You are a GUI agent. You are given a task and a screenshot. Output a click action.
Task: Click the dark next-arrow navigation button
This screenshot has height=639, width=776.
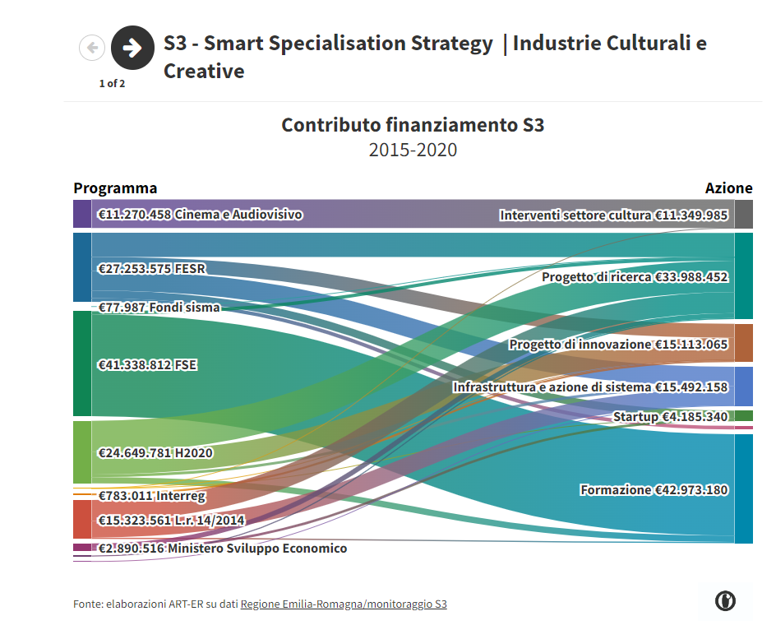132,48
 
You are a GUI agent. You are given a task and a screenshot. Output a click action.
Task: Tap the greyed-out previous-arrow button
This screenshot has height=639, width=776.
92,48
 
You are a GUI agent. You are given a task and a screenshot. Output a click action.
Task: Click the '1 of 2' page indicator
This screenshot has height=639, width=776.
112,83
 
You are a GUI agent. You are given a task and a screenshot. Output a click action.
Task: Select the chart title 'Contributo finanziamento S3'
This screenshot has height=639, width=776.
413,125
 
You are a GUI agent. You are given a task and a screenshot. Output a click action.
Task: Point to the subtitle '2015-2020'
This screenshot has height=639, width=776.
413,150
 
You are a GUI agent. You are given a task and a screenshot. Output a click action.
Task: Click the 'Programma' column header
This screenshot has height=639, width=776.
115,188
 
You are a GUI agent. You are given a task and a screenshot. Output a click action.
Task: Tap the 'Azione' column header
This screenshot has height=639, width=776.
728,188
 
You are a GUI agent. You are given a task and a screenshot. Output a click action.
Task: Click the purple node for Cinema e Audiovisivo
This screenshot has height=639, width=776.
82,214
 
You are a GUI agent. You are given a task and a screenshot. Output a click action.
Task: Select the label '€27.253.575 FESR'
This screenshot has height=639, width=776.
151,269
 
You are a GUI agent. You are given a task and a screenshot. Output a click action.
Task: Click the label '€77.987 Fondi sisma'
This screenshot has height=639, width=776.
159,308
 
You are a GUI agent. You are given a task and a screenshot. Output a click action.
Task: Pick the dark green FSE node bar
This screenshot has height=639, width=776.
82,363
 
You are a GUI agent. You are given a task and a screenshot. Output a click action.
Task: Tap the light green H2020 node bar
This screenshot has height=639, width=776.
82,451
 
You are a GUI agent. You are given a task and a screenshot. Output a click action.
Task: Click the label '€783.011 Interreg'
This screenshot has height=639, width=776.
151,496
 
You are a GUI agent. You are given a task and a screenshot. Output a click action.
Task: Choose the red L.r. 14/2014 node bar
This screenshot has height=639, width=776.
82,519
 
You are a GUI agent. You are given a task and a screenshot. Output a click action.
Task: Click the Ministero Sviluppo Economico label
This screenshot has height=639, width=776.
222,549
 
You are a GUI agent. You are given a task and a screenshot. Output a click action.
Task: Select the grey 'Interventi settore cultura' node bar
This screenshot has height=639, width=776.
744,214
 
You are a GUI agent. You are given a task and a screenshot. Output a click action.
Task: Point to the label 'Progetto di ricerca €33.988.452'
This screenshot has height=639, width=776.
635,277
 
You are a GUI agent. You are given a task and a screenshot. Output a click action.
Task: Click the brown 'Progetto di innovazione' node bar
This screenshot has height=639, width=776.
744,343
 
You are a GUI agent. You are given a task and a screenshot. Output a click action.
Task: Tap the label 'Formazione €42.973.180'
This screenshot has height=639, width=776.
654,490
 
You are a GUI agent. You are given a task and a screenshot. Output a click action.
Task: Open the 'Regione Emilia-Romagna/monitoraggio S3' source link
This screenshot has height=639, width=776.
344,604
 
